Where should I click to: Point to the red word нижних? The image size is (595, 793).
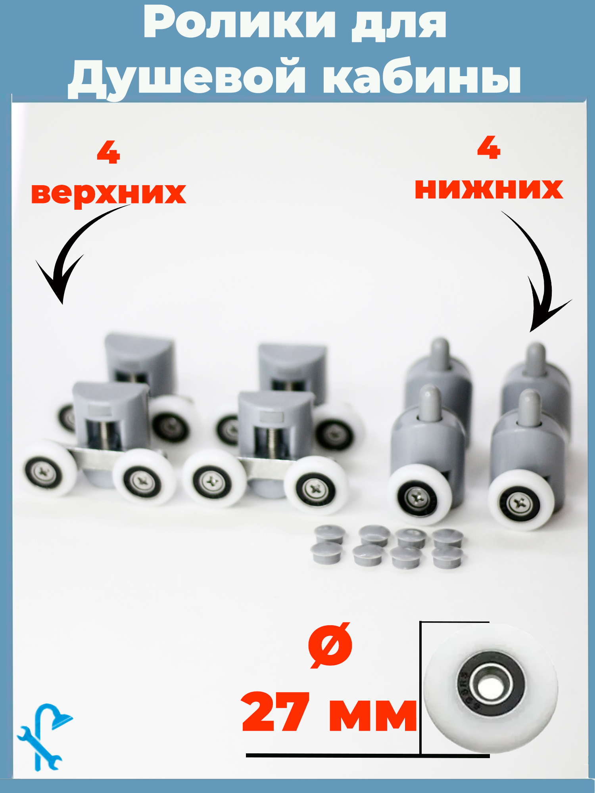click(489, 189)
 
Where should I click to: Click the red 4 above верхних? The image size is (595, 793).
click(108, 153)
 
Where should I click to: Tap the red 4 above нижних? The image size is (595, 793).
click(489, 147)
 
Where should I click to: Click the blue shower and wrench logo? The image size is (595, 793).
click(44, 737)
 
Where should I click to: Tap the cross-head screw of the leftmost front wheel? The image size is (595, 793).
click(43, 472)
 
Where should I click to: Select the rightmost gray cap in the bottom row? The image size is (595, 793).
click(447, 558)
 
